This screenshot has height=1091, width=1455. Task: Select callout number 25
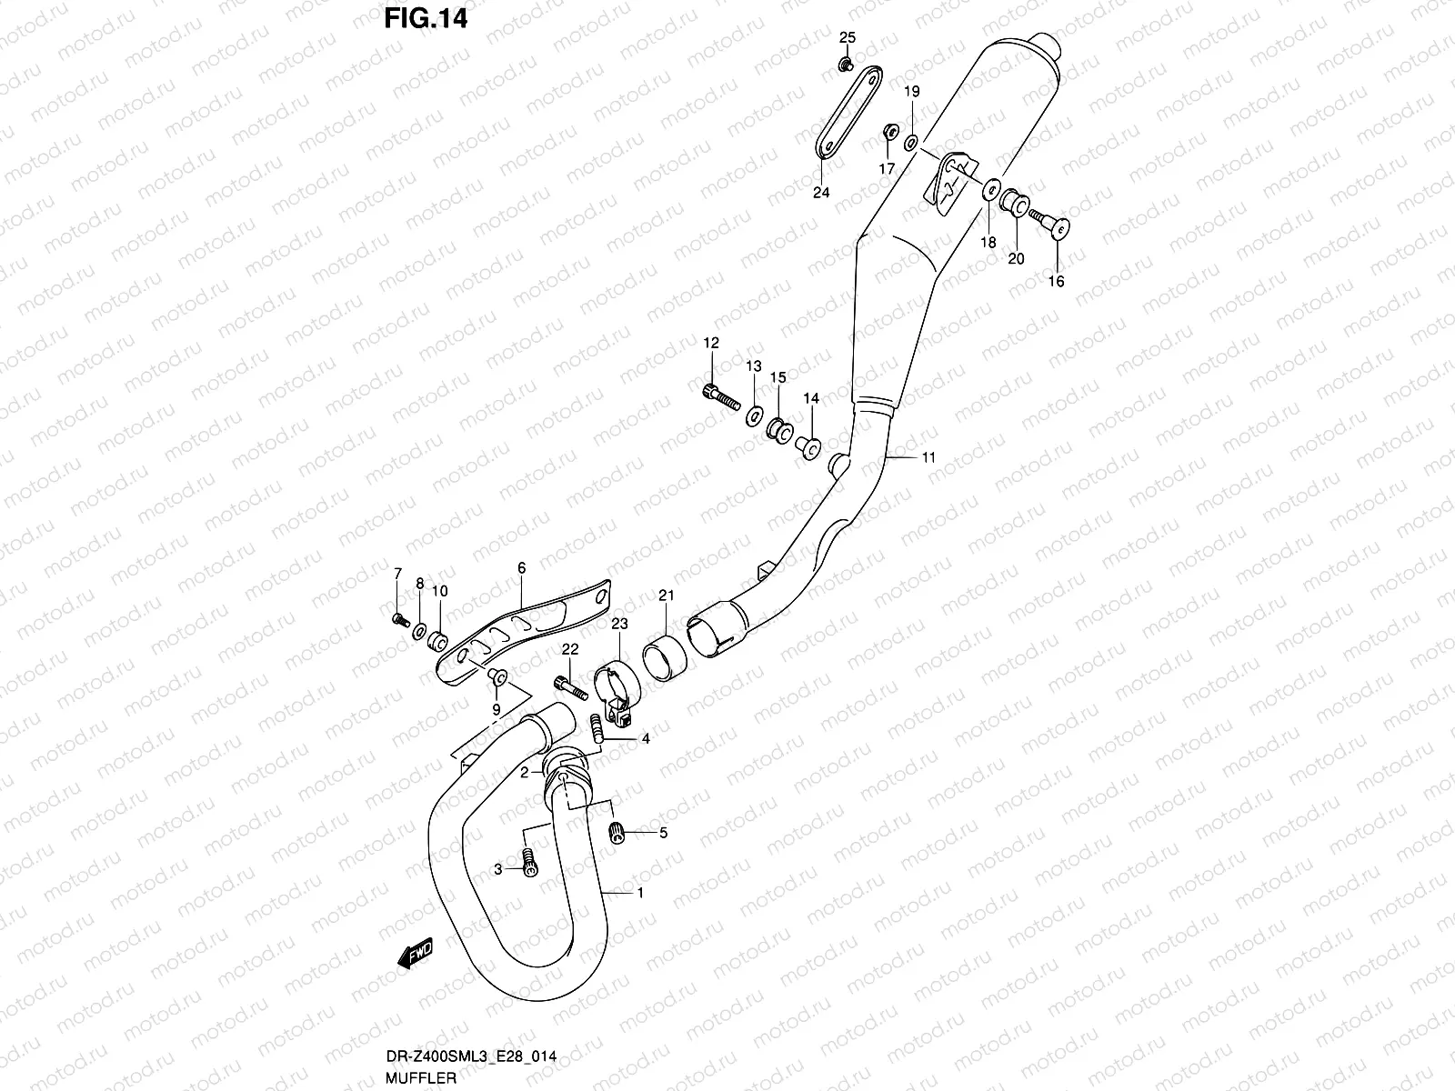847,37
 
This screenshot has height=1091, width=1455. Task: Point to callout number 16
1056,282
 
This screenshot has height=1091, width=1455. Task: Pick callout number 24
821,192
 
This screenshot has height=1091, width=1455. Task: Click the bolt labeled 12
719,397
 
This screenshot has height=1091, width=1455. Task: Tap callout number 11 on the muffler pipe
928,458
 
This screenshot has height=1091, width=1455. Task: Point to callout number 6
521,568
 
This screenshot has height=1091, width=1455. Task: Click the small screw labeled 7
397,619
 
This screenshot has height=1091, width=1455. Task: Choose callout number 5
663,832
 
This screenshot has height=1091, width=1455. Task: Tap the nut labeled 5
618,831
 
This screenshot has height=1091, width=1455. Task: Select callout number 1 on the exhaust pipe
639,893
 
